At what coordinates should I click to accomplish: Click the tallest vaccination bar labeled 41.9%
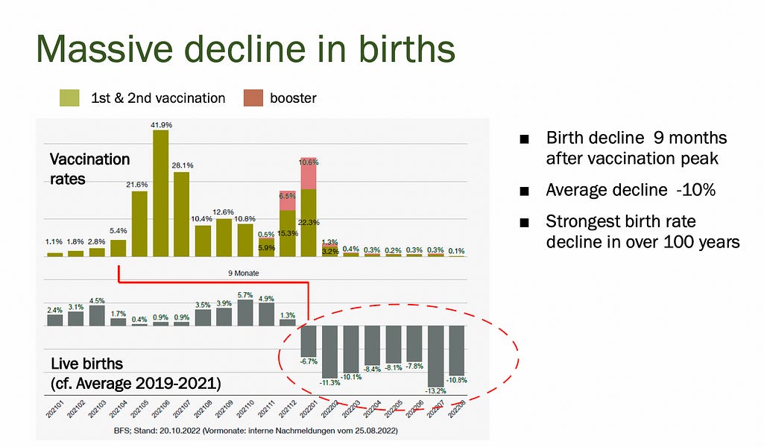tap(161, 194)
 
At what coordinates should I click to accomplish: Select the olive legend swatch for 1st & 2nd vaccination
tap(70, 98)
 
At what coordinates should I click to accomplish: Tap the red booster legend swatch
tap(253, 98)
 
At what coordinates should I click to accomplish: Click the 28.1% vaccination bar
tap(182, 215)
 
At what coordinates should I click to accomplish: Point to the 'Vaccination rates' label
tap(89, 169)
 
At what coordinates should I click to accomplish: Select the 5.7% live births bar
tap(245, 312)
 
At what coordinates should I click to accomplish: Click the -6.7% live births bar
tap(309, 341)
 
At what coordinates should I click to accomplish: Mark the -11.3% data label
tap(330, 383)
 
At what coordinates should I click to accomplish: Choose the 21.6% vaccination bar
tap(139, 224)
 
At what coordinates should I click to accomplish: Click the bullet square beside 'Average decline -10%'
tap(525, 191)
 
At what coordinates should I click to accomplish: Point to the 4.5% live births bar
tap(97, 315)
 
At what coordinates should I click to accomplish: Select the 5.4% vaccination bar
tap(119, 248)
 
